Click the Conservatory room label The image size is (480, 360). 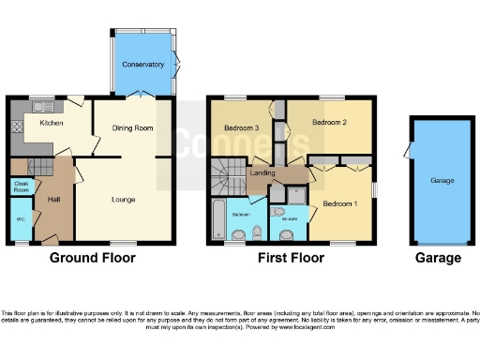coord(142,66)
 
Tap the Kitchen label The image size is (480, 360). coord(51,123)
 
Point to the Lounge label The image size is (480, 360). coord(123,199)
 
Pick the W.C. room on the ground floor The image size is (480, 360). coord(20,220)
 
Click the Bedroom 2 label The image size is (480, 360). coord(329,123)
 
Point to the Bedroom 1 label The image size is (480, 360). coord(339,203)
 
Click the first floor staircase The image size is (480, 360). coord(224,172)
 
